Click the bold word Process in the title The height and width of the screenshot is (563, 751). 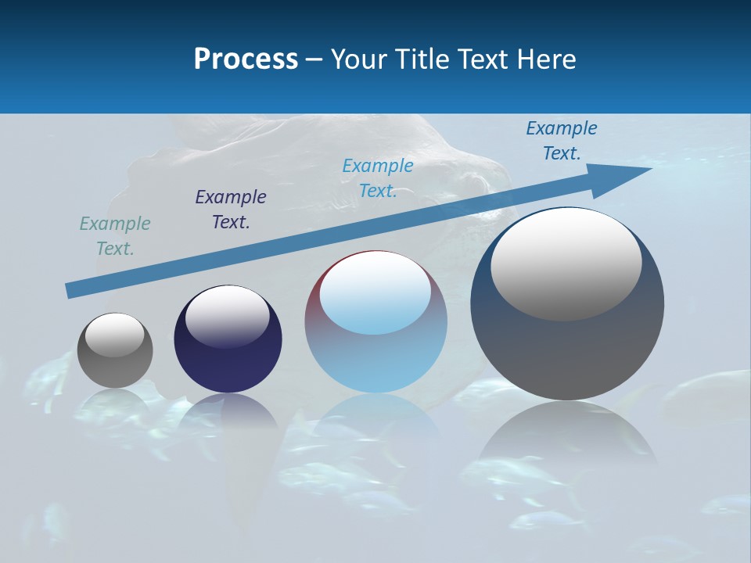(246, 59)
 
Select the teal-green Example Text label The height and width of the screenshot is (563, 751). (115, 236)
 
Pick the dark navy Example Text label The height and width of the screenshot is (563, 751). (231, 210)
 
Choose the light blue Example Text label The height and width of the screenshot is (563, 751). (378, 178)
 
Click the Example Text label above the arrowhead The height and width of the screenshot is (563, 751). (562, 141)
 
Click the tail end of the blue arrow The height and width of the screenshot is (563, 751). (70, 290)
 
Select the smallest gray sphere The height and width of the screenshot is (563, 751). (115, 368)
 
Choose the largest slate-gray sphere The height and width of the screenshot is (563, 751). (567, 352)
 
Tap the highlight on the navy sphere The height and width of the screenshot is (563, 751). (228, 315)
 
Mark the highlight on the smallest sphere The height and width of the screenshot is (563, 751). (115, 335)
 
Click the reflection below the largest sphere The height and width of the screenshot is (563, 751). (567, 434)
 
